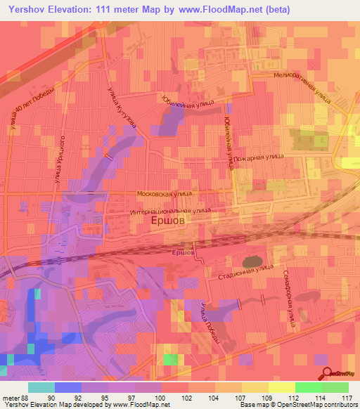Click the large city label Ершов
click(169, 220)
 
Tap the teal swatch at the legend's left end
click(41, 387)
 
